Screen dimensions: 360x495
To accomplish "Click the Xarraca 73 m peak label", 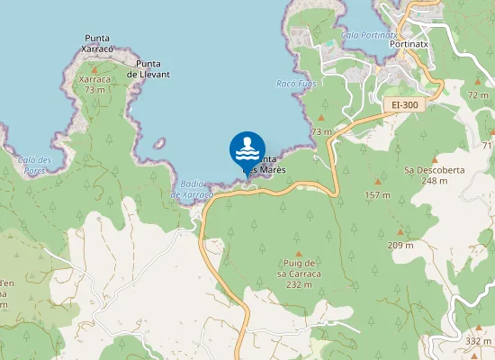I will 94,85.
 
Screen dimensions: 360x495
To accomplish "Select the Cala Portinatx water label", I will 364,34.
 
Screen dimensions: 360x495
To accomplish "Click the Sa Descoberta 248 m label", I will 426,175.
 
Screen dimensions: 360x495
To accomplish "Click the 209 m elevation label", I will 400,245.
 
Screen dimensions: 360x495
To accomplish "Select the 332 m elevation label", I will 479,341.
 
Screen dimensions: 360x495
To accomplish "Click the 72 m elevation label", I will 478,94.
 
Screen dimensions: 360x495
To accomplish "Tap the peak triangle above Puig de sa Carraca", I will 299,254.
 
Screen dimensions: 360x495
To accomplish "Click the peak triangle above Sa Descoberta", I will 426,153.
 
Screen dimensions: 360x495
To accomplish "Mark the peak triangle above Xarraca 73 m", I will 94,67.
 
